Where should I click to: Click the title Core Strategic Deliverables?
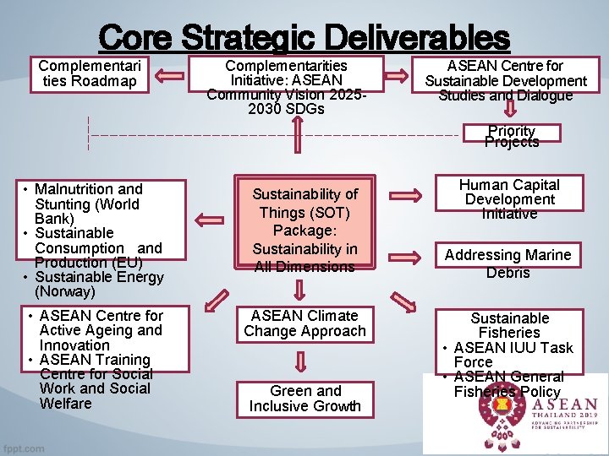click(304, 37)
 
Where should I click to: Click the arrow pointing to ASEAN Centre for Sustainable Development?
click(398, 78)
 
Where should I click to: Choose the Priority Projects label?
click(511, 136)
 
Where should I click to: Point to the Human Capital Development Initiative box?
click(509, 198)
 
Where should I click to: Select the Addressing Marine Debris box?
click(508, 263)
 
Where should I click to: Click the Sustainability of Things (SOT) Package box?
click(306, 230)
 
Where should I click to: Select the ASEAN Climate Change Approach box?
click(305, 323)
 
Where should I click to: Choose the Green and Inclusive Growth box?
click(305, 399)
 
